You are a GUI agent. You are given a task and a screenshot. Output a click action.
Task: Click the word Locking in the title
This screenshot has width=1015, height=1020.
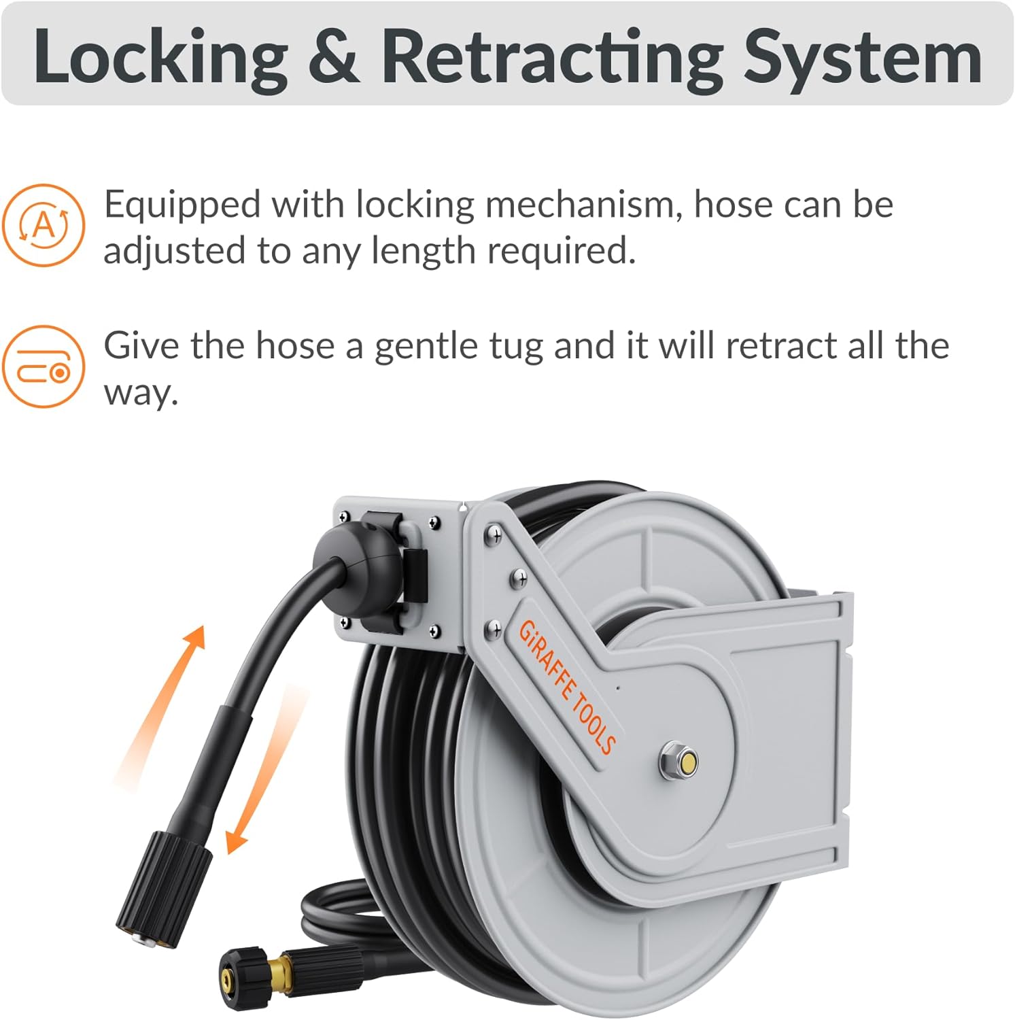[160, 57]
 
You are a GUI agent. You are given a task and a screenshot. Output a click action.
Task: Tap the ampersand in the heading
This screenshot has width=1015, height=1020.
[333, 57]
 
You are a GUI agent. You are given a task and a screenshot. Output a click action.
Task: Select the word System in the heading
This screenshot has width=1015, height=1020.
[861, 57]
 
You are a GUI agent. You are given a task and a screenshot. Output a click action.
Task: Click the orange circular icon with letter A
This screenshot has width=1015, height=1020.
[44, 224]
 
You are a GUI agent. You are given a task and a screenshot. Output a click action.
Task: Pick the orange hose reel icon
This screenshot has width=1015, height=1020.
[44, 367]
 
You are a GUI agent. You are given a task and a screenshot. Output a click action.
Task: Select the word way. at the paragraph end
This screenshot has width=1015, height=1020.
[141, 392]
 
